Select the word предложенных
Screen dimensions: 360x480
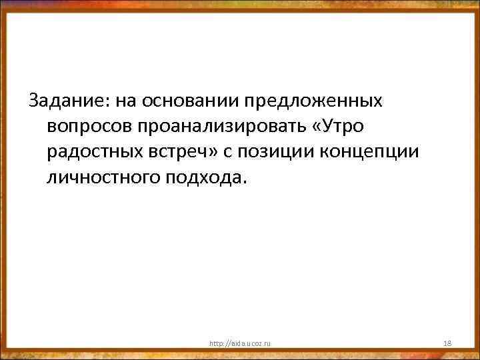click(313, 101)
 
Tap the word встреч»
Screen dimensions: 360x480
click(187, 152)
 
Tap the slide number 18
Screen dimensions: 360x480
click(447, 343)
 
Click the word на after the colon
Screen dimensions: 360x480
click(124, 101)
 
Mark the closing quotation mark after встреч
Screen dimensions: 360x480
click(213, 152)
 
